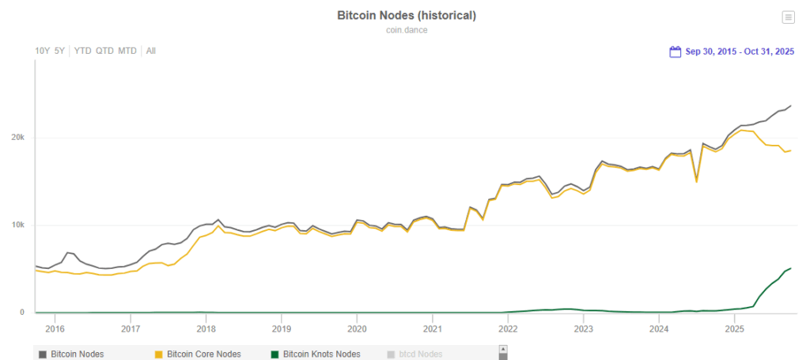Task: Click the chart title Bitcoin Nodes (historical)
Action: coord(407,16)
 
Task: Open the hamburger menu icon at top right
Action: coord(787,17)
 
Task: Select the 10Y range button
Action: coord(42,51)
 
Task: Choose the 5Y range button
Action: coord(59,51)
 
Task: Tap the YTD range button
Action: coord(82,51)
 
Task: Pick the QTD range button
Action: coord(104,51)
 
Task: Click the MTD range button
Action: coord(127,51)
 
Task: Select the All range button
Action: coord(150,51)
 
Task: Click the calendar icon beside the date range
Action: coord(675,52)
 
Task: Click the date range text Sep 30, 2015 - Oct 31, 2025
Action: coord(739,52)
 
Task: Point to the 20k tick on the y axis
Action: coord(17,138)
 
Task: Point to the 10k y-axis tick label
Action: coord(17,225)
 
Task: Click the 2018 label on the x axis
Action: coord(206,328)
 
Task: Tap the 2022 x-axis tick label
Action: coord(508,328)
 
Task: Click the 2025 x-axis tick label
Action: coord(735,328)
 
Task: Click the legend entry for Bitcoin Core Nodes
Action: coord(204,354)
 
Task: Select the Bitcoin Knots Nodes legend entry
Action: coord(321,354)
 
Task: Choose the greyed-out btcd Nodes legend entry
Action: coord(419,354)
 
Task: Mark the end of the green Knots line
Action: coord(791,268)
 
